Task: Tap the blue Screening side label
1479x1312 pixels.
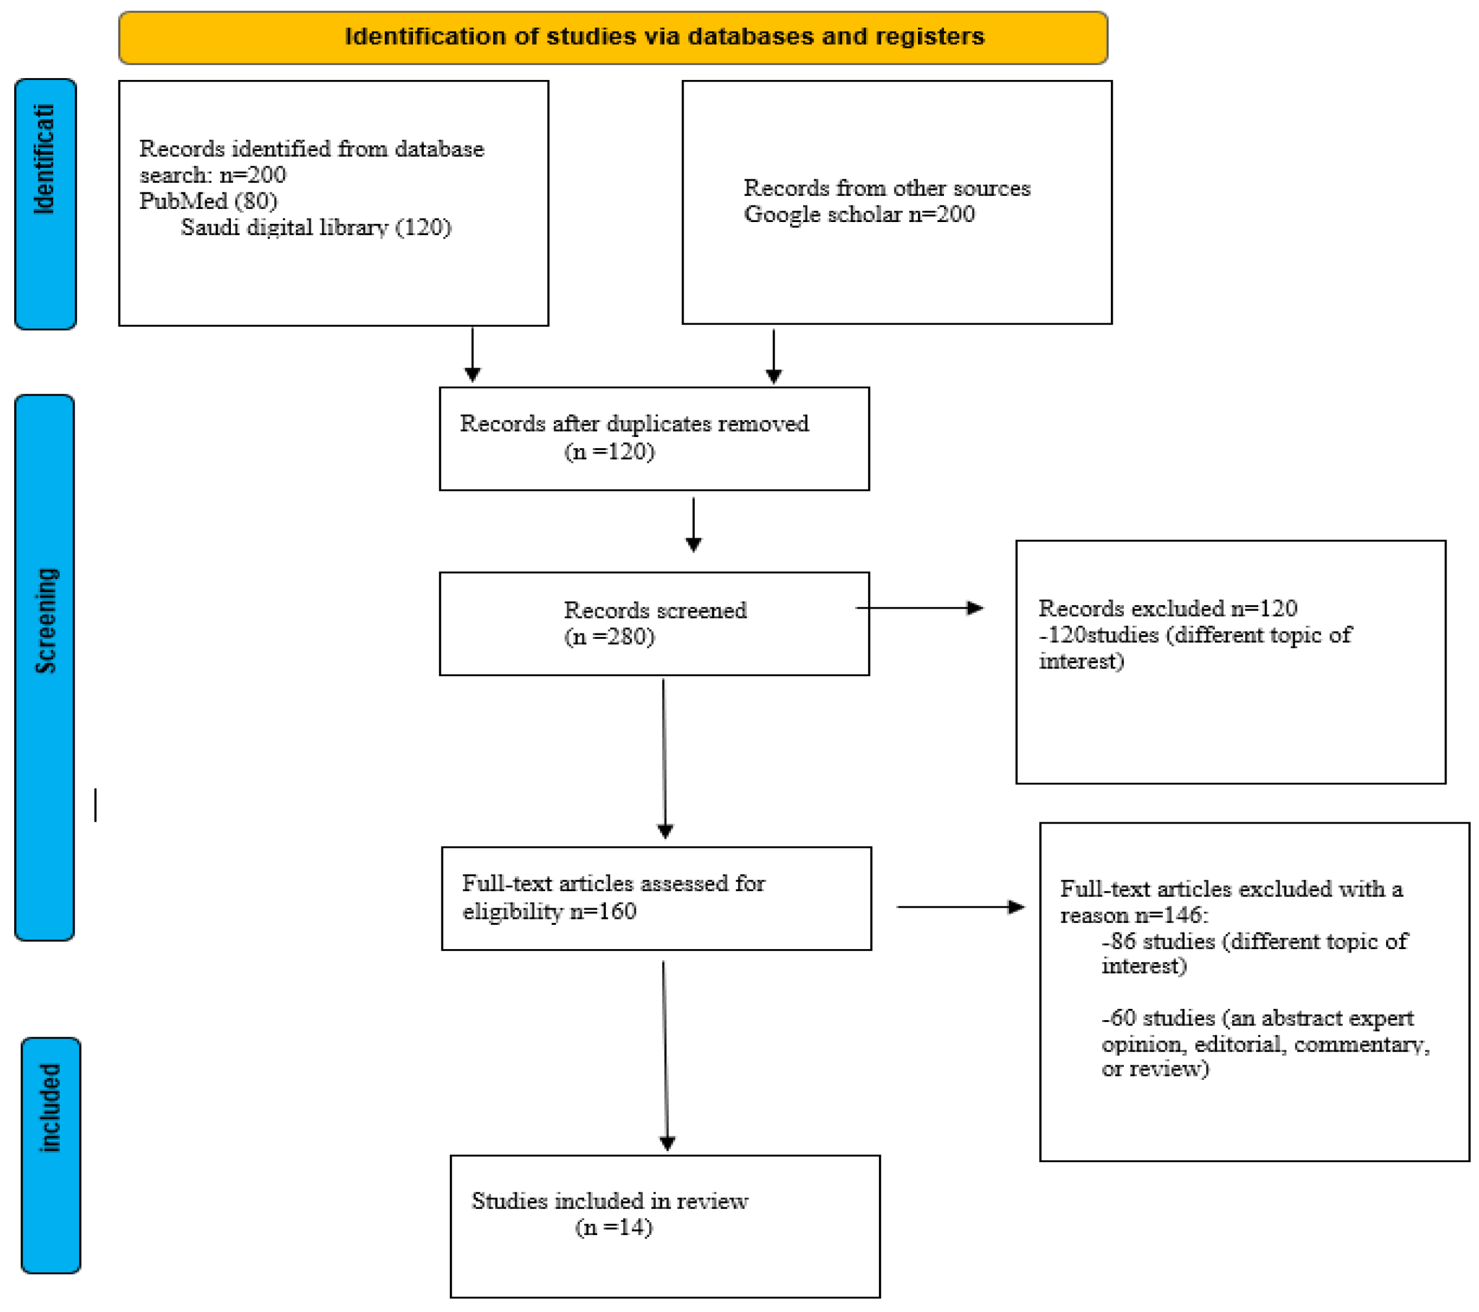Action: tap(45, 667)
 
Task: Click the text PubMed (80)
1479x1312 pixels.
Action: tap(208, 201)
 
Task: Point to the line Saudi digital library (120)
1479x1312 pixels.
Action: tap(315, 227)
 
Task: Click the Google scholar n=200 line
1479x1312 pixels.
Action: tap(859, 214)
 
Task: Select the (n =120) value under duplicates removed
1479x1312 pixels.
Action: tap(609, 452)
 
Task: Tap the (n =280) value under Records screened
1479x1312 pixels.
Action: tap(609, 637)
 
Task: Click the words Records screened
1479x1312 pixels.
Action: tap(655, 610)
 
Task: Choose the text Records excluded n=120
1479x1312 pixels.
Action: tap(1167, 609)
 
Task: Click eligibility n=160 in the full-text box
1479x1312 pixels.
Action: tap(549, 911)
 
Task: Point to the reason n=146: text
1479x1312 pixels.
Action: tap(1134, 915)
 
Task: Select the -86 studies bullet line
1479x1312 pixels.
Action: tap(1254, 941)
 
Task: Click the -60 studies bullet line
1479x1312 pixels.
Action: tap(1257, 1018)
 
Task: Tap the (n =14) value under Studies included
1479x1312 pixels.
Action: tap(614, 1227)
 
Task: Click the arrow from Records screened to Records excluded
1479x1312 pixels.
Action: tap(919, 609)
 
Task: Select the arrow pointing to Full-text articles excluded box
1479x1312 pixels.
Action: tap(960, 907)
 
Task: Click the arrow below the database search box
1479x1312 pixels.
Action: tap(472, 355)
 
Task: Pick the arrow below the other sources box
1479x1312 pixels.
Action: tap(774, 356)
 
